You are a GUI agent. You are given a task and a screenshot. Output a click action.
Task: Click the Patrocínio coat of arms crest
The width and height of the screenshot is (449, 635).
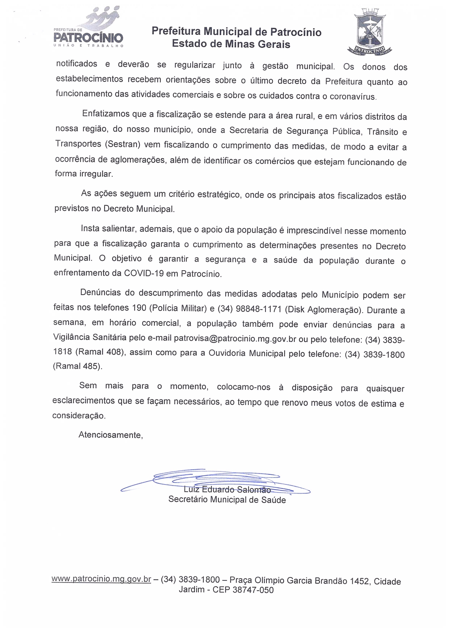coord(369,32)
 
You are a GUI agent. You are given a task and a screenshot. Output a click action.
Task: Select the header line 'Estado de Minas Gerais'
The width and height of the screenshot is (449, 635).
coord(231,44)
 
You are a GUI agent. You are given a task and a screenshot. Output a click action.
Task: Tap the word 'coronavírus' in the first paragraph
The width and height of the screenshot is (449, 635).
coord(353,97)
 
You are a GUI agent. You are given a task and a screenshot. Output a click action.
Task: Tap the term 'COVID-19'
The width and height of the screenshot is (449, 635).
coord(144,273)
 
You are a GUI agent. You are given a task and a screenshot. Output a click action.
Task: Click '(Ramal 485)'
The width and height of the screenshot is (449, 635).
coord(77,366)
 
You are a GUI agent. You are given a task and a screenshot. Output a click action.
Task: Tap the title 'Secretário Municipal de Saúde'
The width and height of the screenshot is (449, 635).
coord(227,500)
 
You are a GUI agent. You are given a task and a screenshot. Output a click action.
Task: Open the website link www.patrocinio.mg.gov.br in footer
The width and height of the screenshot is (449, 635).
coord(101,579)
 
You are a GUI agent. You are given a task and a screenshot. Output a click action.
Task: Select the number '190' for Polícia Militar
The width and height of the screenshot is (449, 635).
coord(139,308)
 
